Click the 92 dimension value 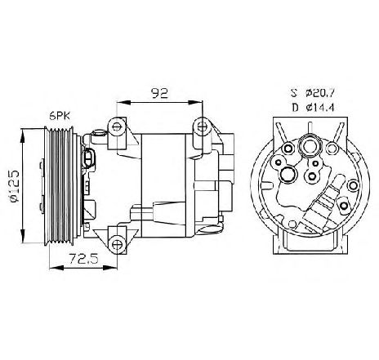click(x=160, y=94)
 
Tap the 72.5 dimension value click(x=83, y=259)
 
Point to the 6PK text click(x=60, y=117)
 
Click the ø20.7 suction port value click(x=319, y=93)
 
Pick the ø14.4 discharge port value click(x=319, y=108)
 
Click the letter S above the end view click(x=294, y=93)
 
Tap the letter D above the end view click(x=295, y=108)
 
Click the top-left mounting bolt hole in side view click(x=117, y=127)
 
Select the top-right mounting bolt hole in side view click(x=202, y=126)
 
